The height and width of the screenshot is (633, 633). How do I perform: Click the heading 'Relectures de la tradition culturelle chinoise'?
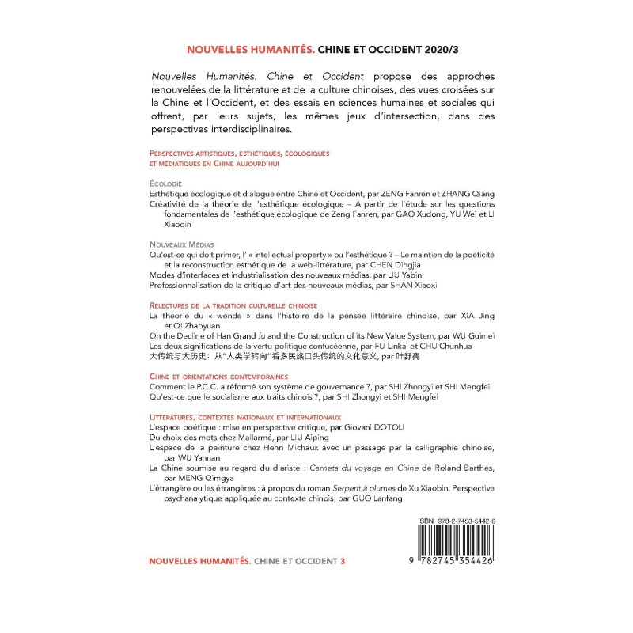(x=233, y=305)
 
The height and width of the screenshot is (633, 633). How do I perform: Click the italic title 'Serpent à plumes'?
(x=385, y=488)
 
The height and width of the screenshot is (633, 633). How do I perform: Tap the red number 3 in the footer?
(x=343, y=560)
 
